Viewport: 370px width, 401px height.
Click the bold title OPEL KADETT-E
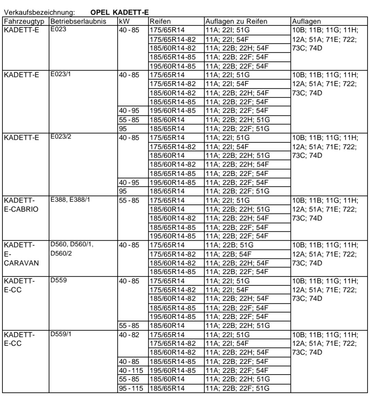coord(119,13)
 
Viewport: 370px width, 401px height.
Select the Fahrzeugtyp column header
coord(25,22)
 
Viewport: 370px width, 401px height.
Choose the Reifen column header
coord(160,22)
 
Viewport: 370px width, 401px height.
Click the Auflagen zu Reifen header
coord(236,22)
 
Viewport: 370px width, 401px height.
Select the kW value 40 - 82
coord(129,335)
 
